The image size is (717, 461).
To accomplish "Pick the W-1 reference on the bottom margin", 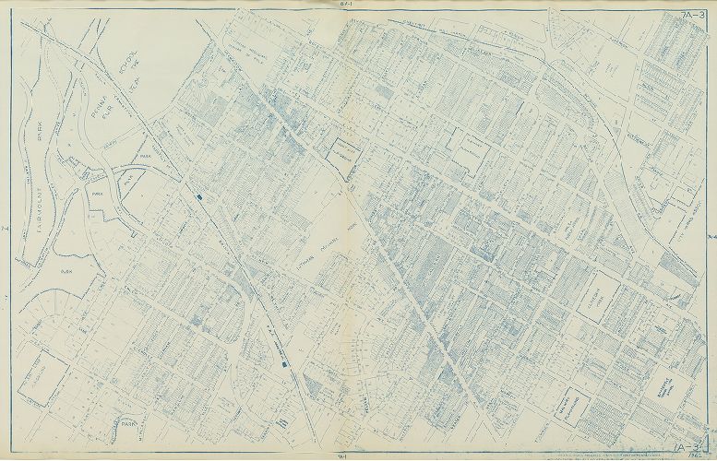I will tap(341, 455).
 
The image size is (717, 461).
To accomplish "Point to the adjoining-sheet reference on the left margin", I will tap(6, 230).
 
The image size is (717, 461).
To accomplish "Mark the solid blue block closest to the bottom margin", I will tap(282, 366).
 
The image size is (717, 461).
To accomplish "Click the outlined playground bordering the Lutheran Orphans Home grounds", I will tap(335, 152).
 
